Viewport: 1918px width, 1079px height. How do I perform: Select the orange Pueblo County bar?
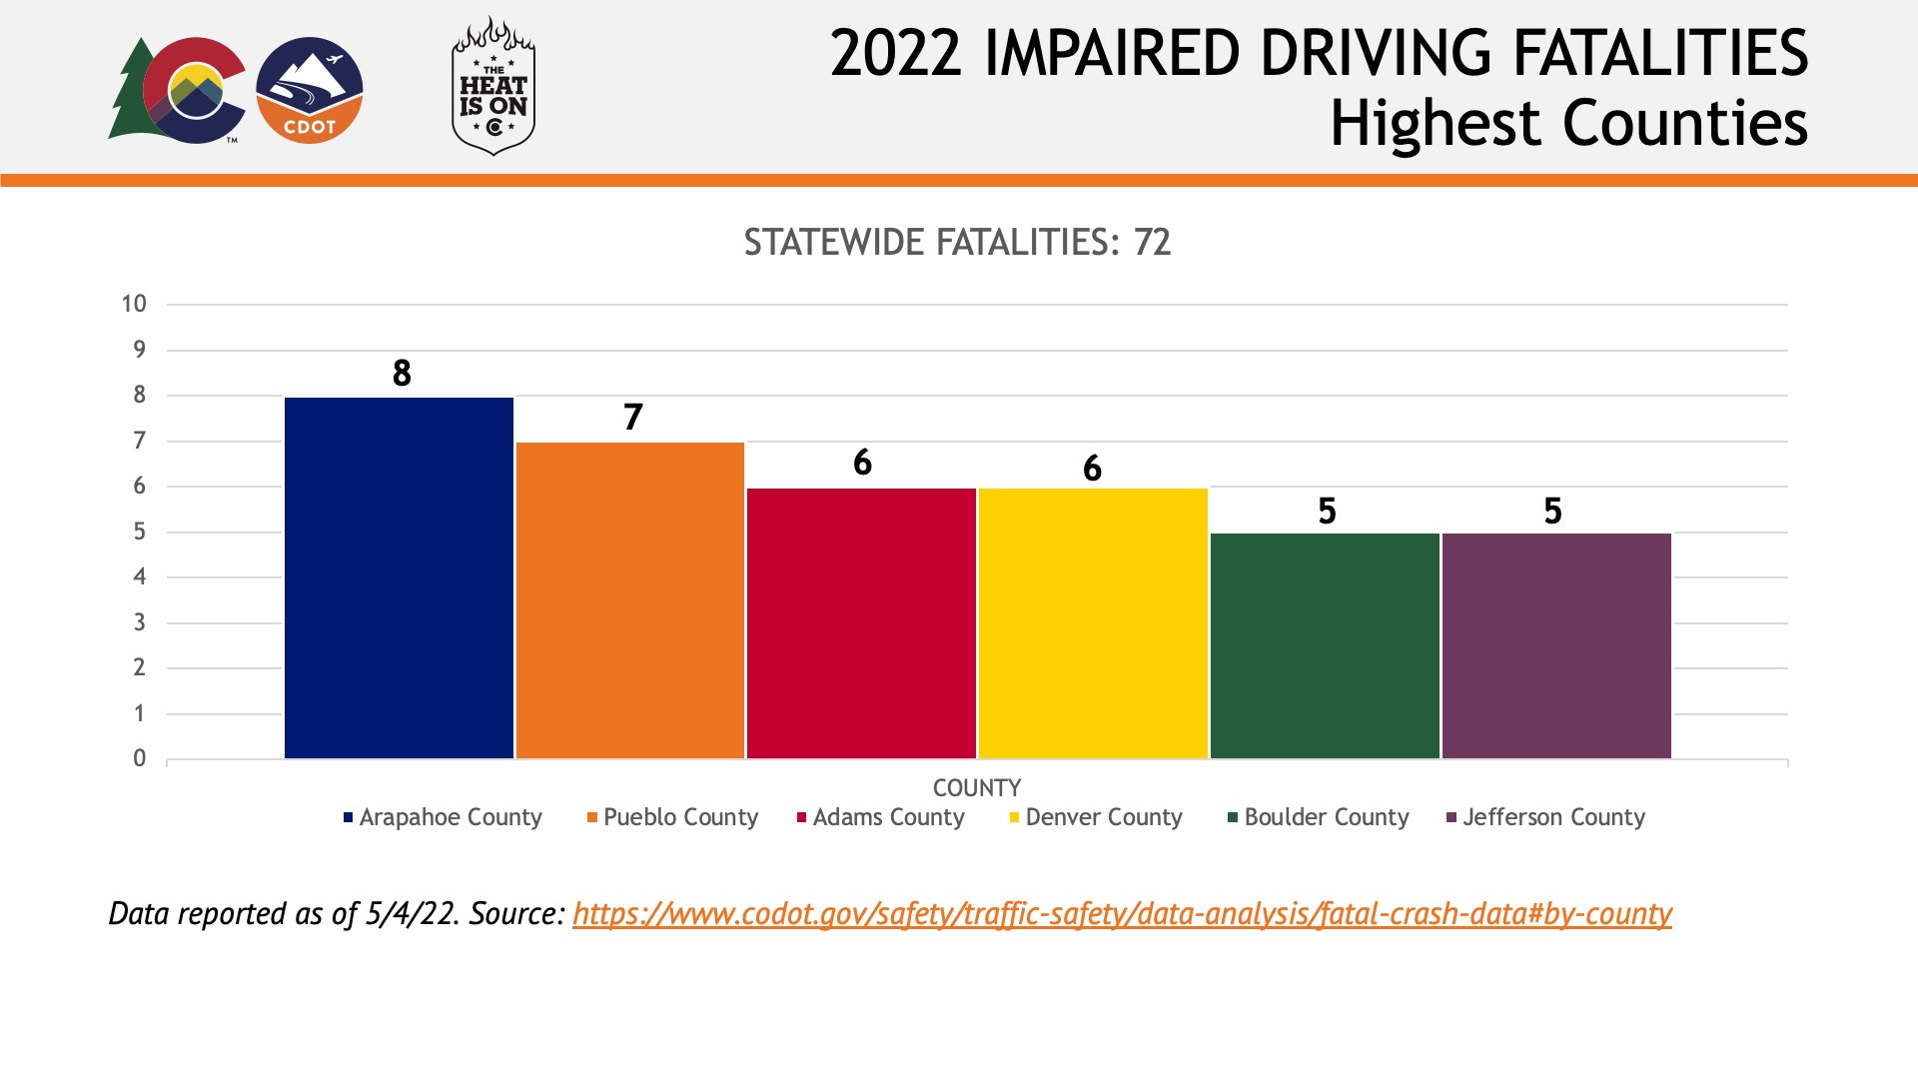pos(630,599)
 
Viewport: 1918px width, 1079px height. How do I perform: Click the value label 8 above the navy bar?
pos(402,373)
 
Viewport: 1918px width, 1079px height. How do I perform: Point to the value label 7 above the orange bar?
pos(632,417)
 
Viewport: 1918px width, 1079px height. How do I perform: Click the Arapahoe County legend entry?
pos(443,817)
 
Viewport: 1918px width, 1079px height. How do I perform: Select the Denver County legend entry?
pos(1096,817)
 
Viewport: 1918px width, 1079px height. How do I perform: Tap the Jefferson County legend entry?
pos(1545,817)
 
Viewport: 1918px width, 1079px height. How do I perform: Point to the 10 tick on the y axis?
pos(134,304)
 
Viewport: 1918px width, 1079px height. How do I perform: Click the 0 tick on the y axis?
pos(140,758)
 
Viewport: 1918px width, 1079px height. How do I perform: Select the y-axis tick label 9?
pos(140,350)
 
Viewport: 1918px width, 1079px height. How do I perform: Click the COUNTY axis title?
pos(976,788)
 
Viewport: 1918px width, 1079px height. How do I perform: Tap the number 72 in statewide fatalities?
pos(1152,243)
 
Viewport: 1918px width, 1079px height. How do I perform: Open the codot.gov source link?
pos(1122,914)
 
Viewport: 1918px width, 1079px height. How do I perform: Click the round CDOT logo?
pos(310,91)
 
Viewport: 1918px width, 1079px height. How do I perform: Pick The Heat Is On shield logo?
pos(493,87)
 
